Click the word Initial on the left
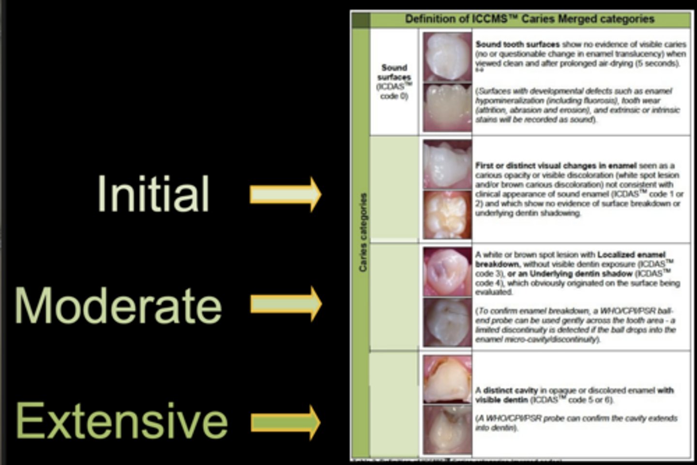tap(153, 194)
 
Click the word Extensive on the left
tap(121, 420)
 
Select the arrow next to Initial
tap(286, 194)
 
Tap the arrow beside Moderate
tap(286, 303)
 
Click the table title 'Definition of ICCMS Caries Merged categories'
tap(530, 19)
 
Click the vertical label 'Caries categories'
tap(363, 232)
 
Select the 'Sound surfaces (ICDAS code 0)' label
tap(394, 81)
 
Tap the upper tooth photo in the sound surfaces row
tap(447, 56)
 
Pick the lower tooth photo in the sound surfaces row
tap(447, 107)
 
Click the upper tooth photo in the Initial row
tap(447, 165)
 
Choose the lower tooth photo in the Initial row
tap(447, 215)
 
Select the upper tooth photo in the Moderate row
tap(447, 271)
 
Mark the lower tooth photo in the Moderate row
tap(447, 322)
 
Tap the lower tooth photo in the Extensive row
tap(447, 430)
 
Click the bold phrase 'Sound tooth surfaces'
tap(517, 44)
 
